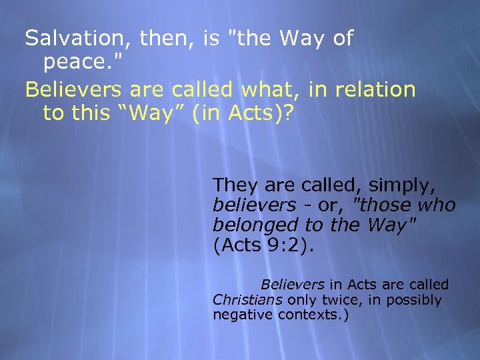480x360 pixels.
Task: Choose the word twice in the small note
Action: click(x=339, y=300)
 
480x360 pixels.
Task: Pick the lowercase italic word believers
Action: click(x=254, y=205)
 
